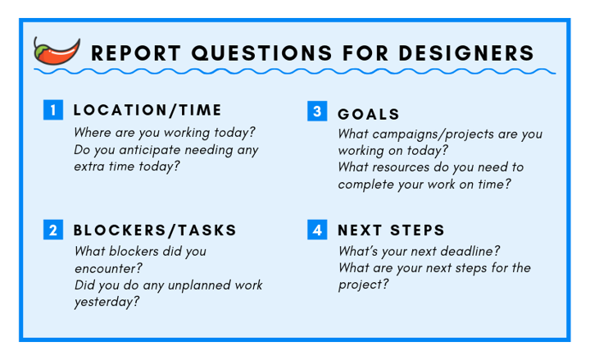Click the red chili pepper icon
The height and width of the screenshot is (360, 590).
[57, 51]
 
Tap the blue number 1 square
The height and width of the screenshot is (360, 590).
[53, 110]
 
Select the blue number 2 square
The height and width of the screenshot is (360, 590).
[53, 230]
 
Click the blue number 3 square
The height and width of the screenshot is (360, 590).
[317, 111]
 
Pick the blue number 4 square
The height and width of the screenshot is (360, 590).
[317, 230]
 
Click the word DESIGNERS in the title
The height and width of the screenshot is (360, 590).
[466, 52]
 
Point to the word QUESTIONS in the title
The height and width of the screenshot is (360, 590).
[261, 53]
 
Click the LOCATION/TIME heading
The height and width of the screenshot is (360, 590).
[147, 110]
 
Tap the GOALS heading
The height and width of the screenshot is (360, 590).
[369, 114]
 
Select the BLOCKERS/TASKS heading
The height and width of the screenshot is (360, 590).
[155, 230]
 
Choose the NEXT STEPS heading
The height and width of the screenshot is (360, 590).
[391, 230]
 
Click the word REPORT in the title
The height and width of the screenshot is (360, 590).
[136, 52]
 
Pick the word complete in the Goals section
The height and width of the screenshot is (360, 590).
[364, 185]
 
